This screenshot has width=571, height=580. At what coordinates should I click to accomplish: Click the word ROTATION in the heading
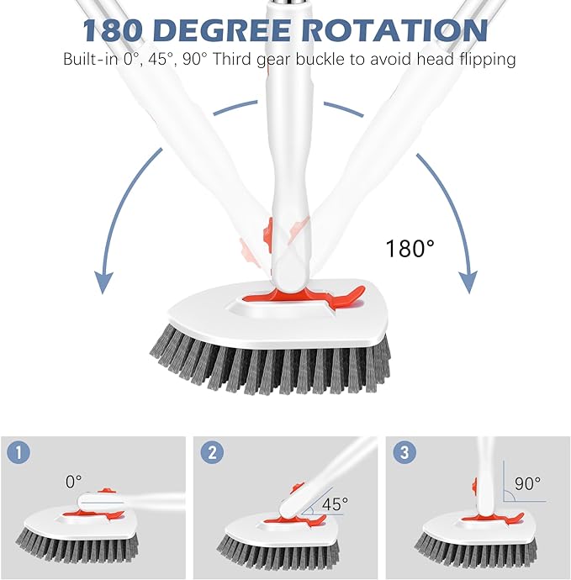[395, 30]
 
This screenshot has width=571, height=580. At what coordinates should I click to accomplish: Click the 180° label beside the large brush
[410, 249]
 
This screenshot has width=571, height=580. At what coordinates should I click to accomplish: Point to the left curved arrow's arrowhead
[103, 282]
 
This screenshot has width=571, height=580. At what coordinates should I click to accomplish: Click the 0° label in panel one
[74, 481]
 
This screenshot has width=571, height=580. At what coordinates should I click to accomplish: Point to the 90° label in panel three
[527, 484]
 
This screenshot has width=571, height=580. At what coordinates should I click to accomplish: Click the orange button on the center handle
[268, 229]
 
